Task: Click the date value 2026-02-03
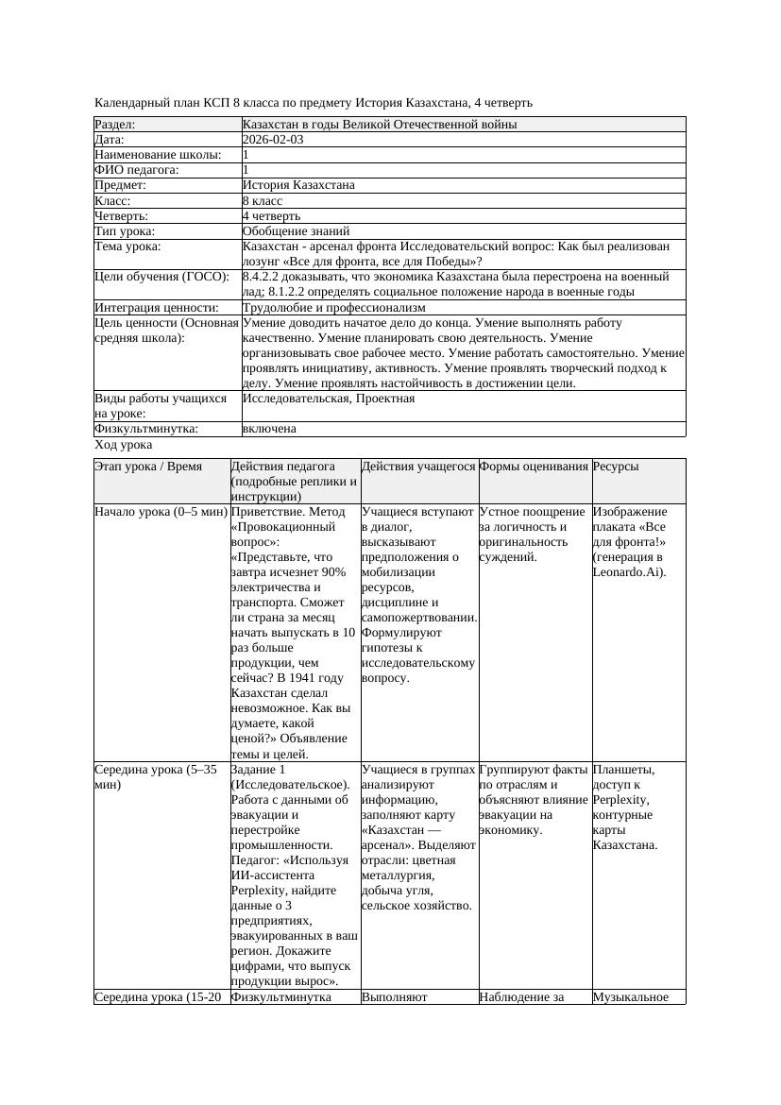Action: point(273,140)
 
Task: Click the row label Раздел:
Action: point(115,125)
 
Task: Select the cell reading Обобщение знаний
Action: point(296,231)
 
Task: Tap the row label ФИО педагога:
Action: point(137,170)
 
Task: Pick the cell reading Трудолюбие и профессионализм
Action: point(333,308)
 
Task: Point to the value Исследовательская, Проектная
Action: point(328,399)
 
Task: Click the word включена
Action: point(269,429)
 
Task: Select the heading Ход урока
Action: point(124,445)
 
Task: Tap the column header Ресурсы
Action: point(616,467)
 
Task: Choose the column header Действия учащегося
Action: point(418,467)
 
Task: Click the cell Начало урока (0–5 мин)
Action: point(161,512)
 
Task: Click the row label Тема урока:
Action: point(128,246)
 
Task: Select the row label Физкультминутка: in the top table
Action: point(146,429)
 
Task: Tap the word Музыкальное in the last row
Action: point(630,996)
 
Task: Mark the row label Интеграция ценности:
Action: point(157,308)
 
